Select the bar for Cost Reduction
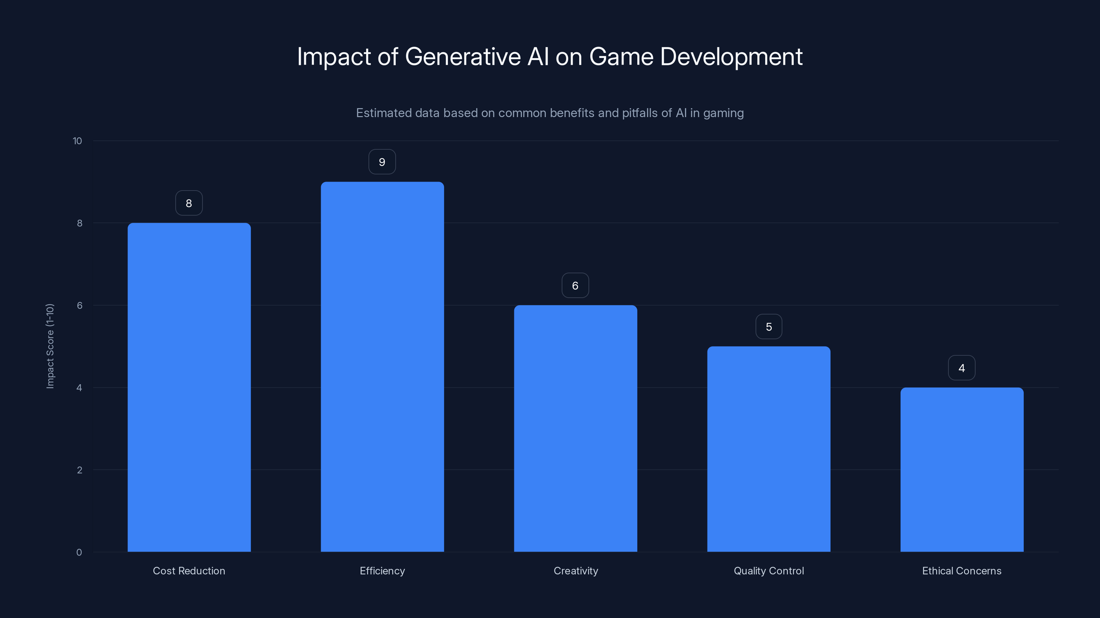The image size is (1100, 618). point(189,387)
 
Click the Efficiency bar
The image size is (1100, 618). point(382,367)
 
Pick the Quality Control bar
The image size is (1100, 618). point(769,449)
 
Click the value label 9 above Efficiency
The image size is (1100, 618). point(382,162)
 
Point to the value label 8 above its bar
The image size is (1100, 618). point(189,203)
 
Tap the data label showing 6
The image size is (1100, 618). point(575,285)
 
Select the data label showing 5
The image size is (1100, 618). point(769,327)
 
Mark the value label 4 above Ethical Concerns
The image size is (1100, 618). point(962,368)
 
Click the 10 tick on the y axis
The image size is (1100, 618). point(77,141)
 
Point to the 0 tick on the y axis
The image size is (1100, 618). point(79,552)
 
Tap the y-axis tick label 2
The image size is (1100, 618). point(79,470)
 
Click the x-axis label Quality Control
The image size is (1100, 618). point(769,571)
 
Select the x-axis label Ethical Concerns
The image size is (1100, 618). point(962,571)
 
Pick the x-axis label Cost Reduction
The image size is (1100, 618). point(189,571)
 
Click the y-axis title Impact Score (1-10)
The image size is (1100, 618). point(50,346)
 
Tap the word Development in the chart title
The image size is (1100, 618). point(731,57)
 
